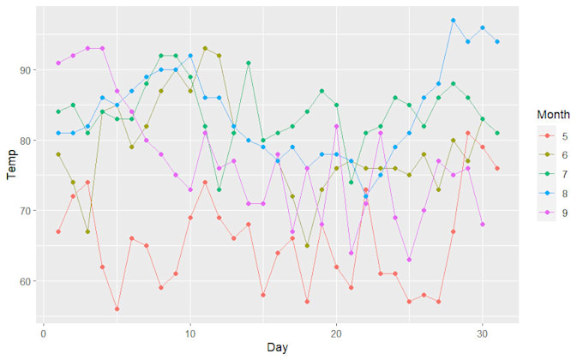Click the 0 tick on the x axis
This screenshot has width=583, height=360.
pyautogui.click(x=44, y=333)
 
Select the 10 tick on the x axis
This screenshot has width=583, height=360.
pyautogui.click(x=189, y=333)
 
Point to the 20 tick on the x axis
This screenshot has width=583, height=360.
pyautogui.click(x=336, y=333)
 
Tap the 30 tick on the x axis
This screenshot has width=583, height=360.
pyautogui.click(x=483, y=333)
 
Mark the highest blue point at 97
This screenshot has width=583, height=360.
pyautogui.click(x=453, y=21)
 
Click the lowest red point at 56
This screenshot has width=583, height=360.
pyautogui.click(x=117, y=309)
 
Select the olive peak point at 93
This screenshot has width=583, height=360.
pyautogui.click(x=205, y=49)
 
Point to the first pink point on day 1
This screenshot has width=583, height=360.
pyautogui.click(x=58, y=63)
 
